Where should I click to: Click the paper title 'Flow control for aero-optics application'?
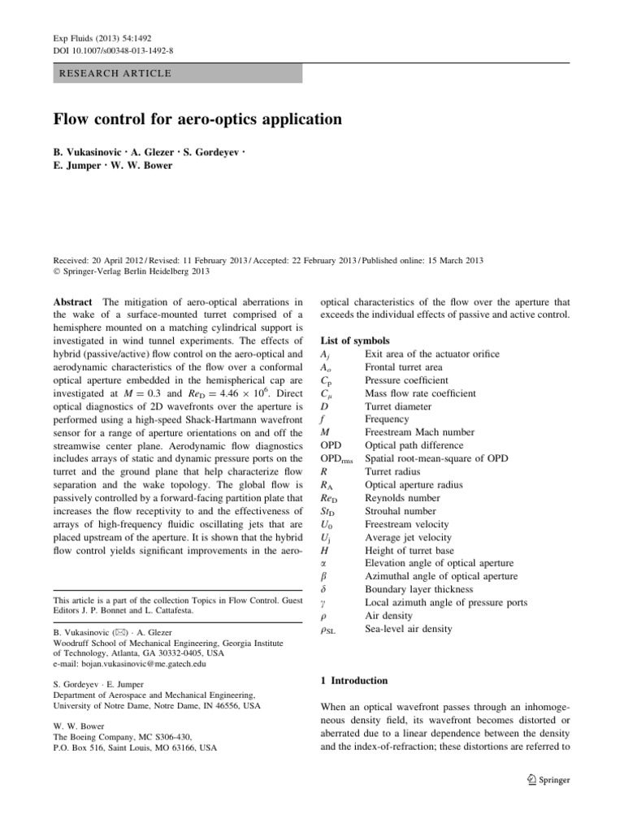tap(197, 119)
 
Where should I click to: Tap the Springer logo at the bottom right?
tap(548, 780)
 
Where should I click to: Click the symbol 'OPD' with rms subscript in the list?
tap(338, 459)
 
